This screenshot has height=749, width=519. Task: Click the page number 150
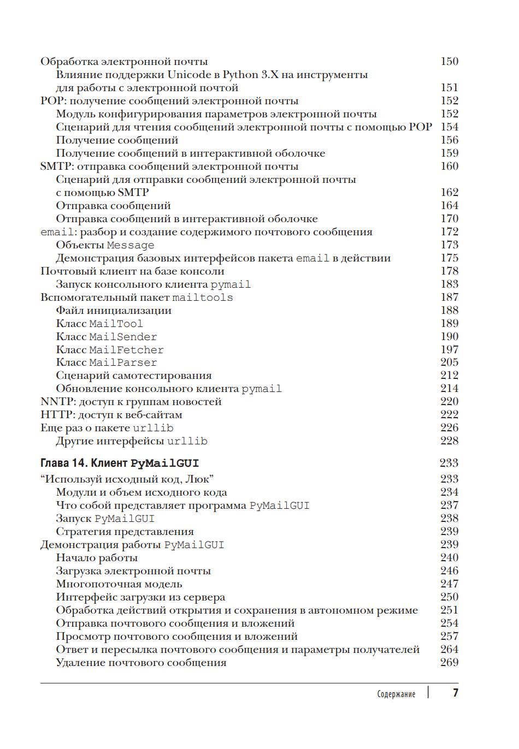(449, 62)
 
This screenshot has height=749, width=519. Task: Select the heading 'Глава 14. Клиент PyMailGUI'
(120, 463)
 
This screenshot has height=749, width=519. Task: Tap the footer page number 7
(455, 693)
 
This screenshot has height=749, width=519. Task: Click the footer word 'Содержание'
(396, 694)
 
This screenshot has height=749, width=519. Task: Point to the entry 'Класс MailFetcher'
(109, 350)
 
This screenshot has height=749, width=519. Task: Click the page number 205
(449, 362)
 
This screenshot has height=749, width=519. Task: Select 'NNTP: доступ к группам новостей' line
(131, 402)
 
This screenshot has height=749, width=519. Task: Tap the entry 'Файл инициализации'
(114, 311)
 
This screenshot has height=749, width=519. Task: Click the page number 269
(449, 663)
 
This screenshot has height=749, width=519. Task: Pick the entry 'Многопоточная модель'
(119, 584)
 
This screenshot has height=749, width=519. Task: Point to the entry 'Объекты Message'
(105, 245)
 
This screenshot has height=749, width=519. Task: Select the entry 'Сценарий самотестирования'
(133, 376)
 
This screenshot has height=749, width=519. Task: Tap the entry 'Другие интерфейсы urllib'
(131, 441)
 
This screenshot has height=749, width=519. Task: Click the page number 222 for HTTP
(449, 415)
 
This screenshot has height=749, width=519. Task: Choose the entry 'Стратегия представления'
(125, 532)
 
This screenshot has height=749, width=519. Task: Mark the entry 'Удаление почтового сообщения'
(141, 663)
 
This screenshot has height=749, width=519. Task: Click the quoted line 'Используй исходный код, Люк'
(127, 479)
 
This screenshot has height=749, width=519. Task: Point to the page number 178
(449, 271)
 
